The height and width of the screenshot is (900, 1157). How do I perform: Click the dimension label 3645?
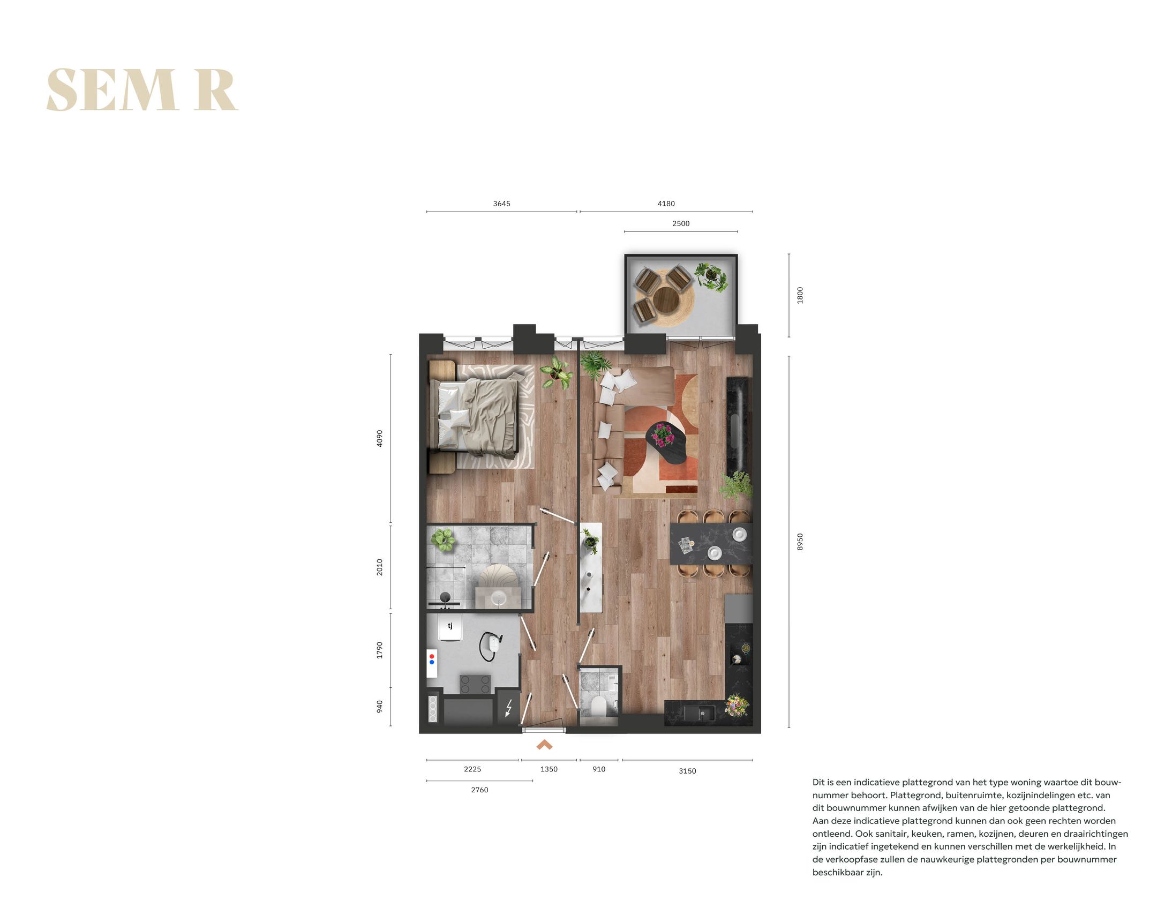501,204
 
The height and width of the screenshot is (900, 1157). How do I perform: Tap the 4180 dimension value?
666,204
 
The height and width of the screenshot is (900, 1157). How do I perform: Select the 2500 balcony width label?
680,223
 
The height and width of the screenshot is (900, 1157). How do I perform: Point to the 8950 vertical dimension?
800,542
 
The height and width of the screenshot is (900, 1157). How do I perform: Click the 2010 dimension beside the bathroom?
380,567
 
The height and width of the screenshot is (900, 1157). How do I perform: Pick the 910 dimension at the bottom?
598,769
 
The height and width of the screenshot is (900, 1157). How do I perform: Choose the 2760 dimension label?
479,790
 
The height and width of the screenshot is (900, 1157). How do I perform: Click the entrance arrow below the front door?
544,745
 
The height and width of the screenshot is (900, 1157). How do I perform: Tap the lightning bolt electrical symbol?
508,708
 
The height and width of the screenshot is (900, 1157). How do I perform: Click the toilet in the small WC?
598,706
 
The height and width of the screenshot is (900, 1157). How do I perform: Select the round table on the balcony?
665,299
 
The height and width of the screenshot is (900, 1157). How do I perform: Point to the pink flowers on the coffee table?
663,434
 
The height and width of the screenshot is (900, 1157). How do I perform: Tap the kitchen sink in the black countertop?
699,713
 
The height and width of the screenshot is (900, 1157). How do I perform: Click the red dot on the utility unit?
432,656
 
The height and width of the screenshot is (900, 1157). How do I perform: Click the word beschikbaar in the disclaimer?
838,872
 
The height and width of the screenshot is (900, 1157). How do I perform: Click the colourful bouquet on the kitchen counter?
737,704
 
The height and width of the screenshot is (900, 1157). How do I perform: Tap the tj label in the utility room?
450,626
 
